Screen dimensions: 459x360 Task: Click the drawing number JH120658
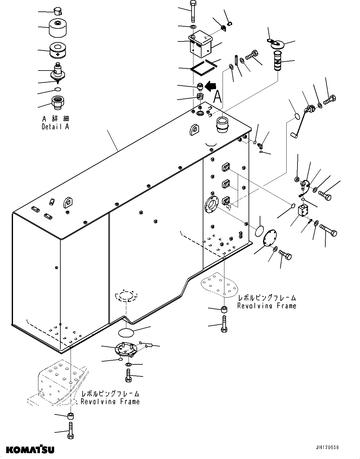[327, 447]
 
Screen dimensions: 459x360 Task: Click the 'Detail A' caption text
[55, 127]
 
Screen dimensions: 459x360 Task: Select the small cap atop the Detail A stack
[57, 11]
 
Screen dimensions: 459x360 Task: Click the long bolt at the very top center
[193, 11]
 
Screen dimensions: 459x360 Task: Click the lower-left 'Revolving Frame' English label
[110, 402]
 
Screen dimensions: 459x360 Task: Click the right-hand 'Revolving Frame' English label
[267, 306]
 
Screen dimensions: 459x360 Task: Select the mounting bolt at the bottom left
[70, 431]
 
